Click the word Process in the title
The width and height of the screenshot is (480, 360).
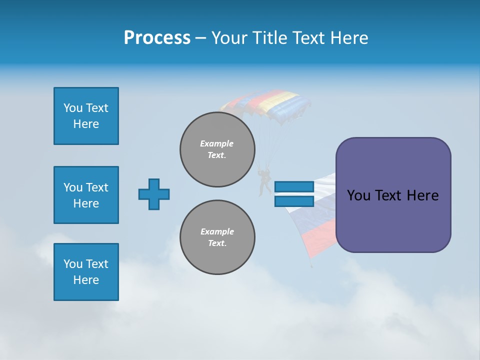(157, 38)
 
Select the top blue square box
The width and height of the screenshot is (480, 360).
(86, 116)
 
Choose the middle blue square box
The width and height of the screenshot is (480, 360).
(86, 195)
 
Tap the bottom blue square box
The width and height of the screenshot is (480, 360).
(86, 272)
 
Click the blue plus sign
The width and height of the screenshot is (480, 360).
(154, 194)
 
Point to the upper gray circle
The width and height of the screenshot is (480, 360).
(217, 149)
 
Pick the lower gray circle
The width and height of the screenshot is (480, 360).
(217, 237)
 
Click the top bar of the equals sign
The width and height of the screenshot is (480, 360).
(294, 186)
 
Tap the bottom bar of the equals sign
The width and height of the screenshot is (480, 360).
(294, 201)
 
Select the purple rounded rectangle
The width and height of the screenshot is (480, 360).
(393, 220)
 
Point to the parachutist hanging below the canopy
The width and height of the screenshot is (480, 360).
(264, 181)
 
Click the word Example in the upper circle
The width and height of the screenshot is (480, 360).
(217, 143)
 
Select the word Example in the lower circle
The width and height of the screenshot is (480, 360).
(217, 231)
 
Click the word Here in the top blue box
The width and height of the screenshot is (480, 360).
(86, 124)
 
